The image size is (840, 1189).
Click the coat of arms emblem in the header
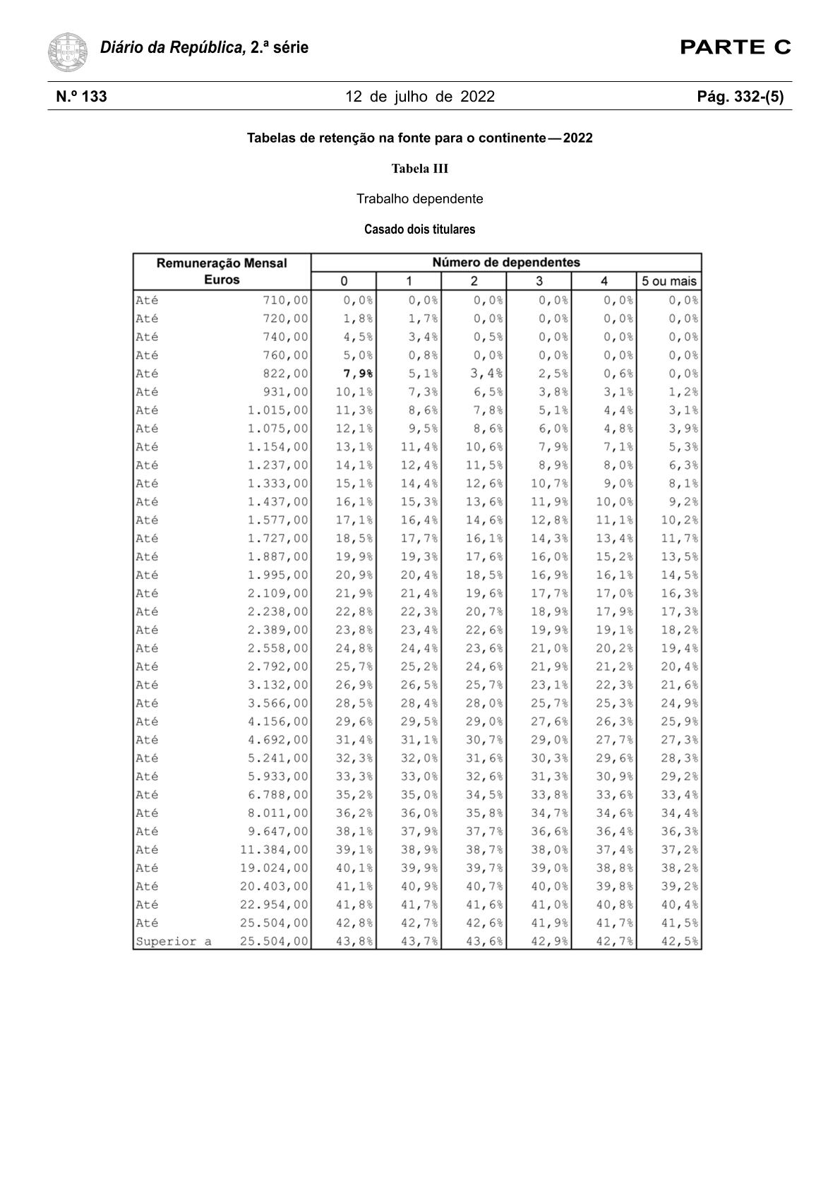[68, 52]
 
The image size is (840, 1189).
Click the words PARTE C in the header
[735, 48]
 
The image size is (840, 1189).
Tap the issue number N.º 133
[82, 97]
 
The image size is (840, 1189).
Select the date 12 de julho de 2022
[420, 97]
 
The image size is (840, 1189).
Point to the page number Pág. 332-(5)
[740, 97]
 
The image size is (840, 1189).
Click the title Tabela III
[420, 169]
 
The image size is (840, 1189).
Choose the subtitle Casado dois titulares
[420, 229]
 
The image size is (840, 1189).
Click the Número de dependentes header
[505, 263]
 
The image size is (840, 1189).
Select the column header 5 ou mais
[668, 281]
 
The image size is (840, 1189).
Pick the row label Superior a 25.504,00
[222, 941]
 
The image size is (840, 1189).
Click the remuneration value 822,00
[285, 374]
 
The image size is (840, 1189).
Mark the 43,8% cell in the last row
[354, 941]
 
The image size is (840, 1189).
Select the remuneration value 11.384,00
[274, 849]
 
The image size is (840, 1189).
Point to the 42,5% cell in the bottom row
[680, 941]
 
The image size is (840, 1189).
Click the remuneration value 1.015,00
[277, 410]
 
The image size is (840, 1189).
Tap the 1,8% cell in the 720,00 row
[359, 318]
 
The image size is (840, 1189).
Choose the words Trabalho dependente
[420, 199]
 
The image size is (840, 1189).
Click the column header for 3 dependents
[539, 281]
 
